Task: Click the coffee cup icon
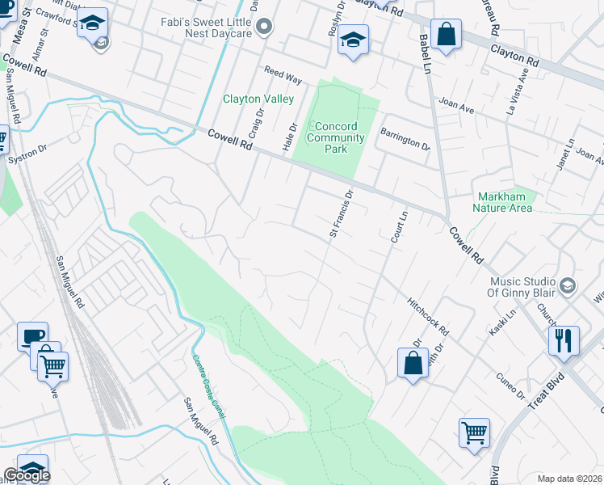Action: pos(32,336)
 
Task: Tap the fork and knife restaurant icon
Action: pos(564,339)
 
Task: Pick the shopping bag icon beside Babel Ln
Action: pos(445,35)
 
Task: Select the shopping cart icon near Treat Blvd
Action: pos(474,432)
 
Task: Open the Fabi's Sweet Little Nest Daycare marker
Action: pos(263,29)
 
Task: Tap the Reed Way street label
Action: pos(283,76)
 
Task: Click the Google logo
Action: pos(26,475)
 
